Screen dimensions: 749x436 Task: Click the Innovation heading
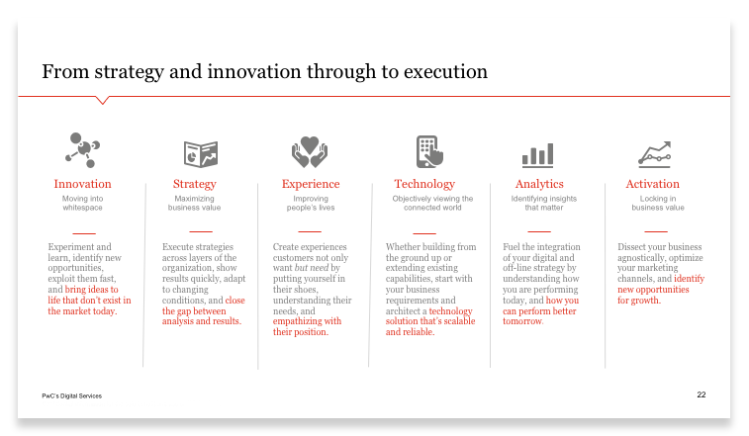click(x=82, y=184)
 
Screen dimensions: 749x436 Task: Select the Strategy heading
click(x=194, y=184)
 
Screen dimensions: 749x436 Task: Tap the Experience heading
click(x=311, y=184)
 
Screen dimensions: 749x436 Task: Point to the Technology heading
click(x=424, y=184)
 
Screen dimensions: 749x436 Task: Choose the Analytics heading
click(x=539, y=184)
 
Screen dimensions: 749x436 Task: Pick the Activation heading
click(x=652, y=184)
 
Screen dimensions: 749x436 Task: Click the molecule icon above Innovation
click(x=83, y=150)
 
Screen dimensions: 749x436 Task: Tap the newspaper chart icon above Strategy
click(x=201, y=154)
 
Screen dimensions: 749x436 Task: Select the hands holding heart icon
click(x=310, y=152)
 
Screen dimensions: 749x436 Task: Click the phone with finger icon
click(x=429, y=151)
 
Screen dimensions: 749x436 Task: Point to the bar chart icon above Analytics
click(x=538, y=155)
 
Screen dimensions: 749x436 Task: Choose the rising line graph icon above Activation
click(x=654, y=154)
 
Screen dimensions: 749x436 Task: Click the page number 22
click(x=702, y=394)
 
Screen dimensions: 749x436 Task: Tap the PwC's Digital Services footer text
click(x=71, y=395)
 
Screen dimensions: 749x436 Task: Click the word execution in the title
click(x=445, y=71)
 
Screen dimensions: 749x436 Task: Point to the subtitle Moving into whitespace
click(x=82, y=203)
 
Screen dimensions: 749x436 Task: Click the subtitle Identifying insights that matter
click(x=543, y=203)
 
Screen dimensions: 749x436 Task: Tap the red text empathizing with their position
click(x=307, y=326)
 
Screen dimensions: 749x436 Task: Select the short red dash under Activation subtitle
click(x=656, y=231)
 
